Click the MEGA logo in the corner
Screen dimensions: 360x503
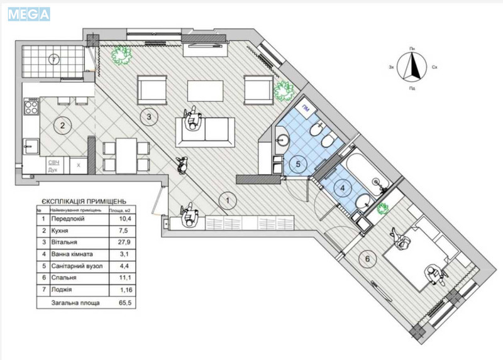tap(28, 13)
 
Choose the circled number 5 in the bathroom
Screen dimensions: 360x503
tap(299, 165)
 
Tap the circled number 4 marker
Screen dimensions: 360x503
tap(342, 187)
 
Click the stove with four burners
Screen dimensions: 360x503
tap(31, 109)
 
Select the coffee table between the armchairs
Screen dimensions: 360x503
tap(206, 92)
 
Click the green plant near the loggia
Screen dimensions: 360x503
tap(121, 55)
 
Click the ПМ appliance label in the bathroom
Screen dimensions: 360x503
tap(306, 108)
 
